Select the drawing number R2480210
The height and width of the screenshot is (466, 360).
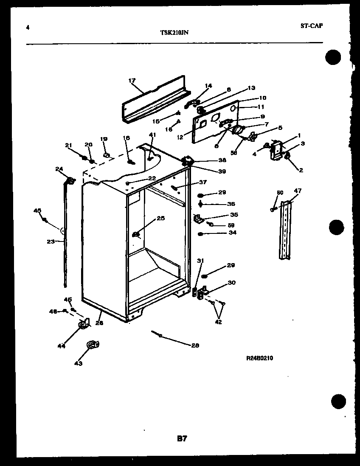point(259,358)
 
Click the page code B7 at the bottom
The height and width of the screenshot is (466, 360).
point(182,439)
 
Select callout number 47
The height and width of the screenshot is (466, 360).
point(298,191)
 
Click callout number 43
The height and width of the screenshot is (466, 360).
point(79,363)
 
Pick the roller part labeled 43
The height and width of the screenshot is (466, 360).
point(91,345)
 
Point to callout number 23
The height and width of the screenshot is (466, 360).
point(51,241)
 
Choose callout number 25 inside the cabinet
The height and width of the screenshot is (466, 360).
point(160,218)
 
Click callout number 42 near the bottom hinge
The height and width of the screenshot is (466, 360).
point(218,321)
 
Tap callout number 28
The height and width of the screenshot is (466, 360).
point(195,345)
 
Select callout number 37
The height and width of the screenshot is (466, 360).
point(202,182)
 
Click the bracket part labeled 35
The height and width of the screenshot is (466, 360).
point(197,219)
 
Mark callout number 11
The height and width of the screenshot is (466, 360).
point(261,107)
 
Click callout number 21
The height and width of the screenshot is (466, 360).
point(68,146)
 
